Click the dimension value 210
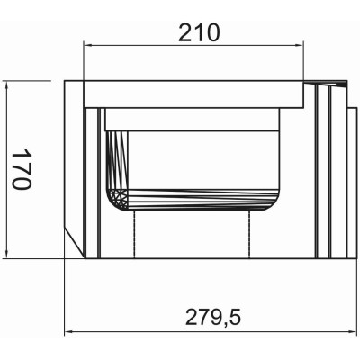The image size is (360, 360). pyautogui.click(x=198, y=32)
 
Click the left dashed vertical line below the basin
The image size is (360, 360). pyautogui.click(x=136, y=236)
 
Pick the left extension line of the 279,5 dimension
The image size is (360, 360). pyautogui.click(x=67, y=297)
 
